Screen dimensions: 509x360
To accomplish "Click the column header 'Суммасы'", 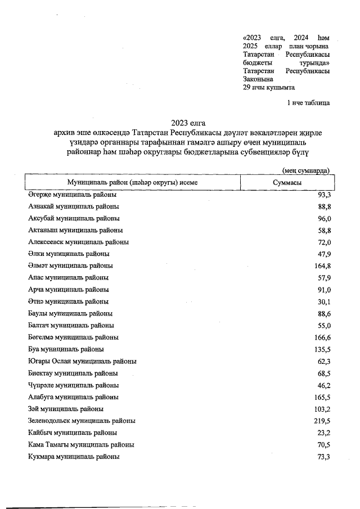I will pyautogui.click(x=286, y=183).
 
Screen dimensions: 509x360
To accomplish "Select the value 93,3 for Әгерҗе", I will pyautogui.click(x=322, y=195).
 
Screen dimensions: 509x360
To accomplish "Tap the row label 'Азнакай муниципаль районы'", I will pyautogui.click(x=73, y=206).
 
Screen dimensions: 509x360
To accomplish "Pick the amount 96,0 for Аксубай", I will pyautogui.click(x=322, y=218).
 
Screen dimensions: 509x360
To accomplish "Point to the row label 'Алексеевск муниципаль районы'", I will pyautogui.click(x=78, y=242).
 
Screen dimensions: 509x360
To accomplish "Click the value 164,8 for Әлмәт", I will pyautogui.click(x=321, y=265).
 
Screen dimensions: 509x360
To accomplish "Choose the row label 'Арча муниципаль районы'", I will pyautogui.click(x=68, y=290).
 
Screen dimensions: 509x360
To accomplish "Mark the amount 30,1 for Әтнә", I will pyautogui.click(x=322, y=301).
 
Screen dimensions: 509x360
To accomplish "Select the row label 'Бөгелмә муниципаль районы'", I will pyautogui.click(x=73, y=337).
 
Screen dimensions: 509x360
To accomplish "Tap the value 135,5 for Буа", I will pyautogui.click(x=321, y=349).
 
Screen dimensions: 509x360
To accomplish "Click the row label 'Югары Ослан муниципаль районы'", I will pyautogui.click(x=82, y=361).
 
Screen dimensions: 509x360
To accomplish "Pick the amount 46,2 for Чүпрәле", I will pyautogui.click(x=322, y=385).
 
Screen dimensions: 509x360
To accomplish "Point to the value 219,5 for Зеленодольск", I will pyautogui.click(x=321, y=421).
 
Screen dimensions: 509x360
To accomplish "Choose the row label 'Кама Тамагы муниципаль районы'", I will pyautogui.click(x=81, y=445).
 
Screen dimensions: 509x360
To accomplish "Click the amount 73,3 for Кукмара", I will pyautogui.click(x=322, y=457).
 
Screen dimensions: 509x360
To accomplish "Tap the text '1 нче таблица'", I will pyautogui.click(x=308, y=103).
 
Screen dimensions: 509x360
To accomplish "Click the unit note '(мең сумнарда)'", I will pyautogui.click(x=305, y=171).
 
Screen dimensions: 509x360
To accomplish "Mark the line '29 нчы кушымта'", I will pyautogui.click(x=269, y=88).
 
